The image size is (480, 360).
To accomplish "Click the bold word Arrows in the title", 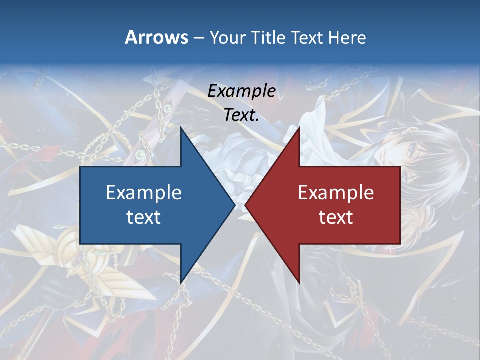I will [x=156, y=37].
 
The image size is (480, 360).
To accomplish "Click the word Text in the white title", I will [x=307, y=37].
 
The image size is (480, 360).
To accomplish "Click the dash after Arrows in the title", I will [x=198, y=38].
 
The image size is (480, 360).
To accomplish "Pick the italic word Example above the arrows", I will [x=241, y=91].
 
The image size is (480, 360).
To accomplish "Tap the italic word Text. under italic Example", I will [x=241, y=115].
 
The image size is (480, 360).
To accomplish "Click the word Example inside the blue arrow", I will [x=143, y=192].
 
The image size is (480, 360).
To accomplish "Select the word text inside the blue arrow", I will [x=143, y=217].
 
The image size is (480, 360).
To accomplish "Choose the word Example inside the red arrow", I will [x=336, y=192].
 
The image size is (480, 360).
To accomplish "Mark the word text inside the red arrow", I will [x=336, y=217].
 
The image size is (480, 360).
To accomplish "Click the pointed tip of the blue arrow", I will [x=234, y=205].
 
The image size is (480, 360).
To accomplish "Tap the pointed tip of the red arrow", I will [x=246, y=205].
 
